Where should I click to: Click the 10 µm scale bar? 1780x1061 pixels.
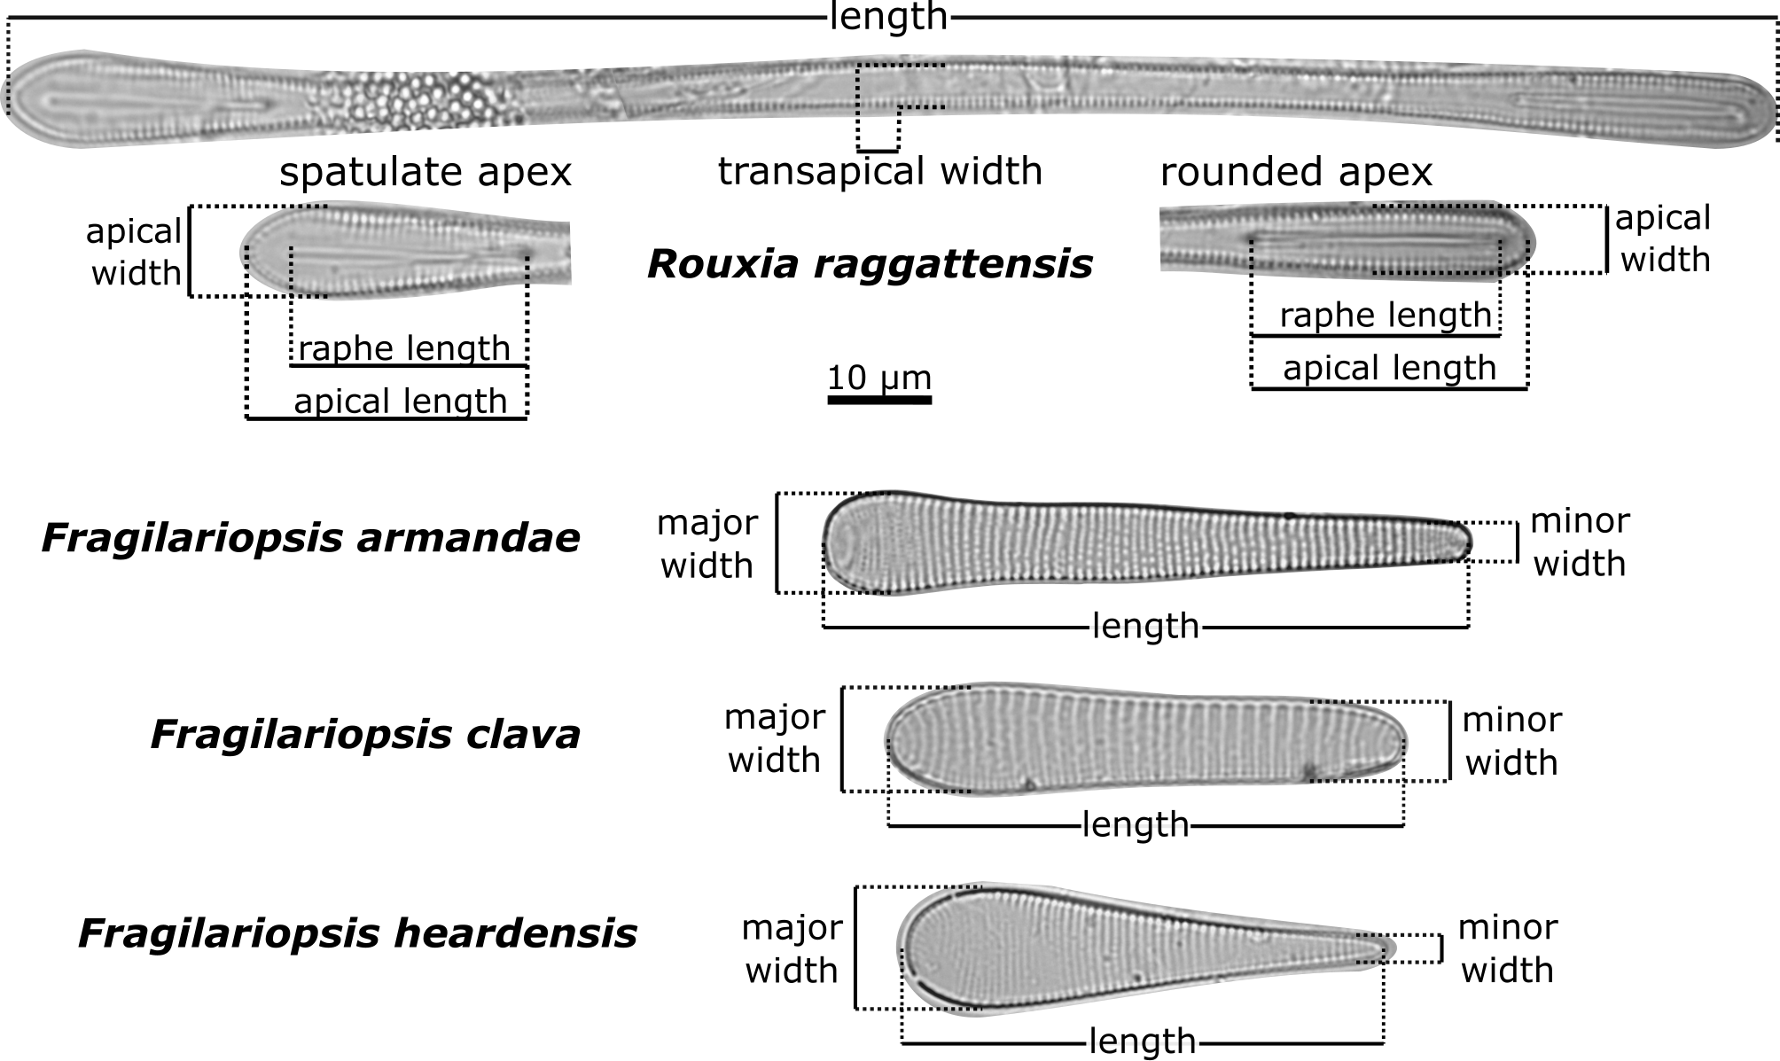[879, 400]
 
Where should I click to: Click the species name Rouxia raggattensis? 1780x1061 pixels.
[870, 264]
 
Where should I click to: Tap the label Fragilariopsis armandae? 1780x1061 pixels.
[311, 539]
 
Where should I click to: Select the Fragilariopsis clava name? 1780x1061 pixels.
[365, 735]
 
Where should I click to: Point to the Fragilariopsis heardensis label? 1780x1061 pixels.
[357, 933]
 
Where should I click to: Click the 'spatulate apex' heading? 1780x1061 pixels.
[425, 172]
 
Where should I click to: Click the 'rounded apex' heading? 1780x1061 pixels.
[1296, 172]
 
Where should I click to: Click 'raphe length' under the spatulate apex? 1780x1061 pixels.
[404, 348]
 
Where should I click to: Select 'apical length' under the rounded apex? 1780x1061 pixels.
[1389, 368]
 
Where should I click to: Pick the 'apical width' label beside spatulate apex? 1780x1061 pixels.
[135, 253]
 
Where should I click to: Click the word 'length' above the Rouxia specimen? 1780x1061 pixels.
[888, 17]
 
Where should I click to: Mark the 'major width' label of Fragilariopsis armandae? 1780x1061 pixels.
[707, 544]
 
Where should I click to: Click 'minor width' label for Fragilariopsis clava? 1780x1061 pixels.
[1511, 741]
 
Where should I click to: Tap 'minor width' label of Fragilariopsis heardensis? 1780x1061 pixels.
[1507, 949]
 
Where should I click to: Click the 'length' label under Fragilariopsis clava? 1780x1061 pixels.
[1136, 825]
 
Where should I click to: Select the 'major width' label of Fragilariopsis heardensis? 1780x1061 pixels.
[792, 949]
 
